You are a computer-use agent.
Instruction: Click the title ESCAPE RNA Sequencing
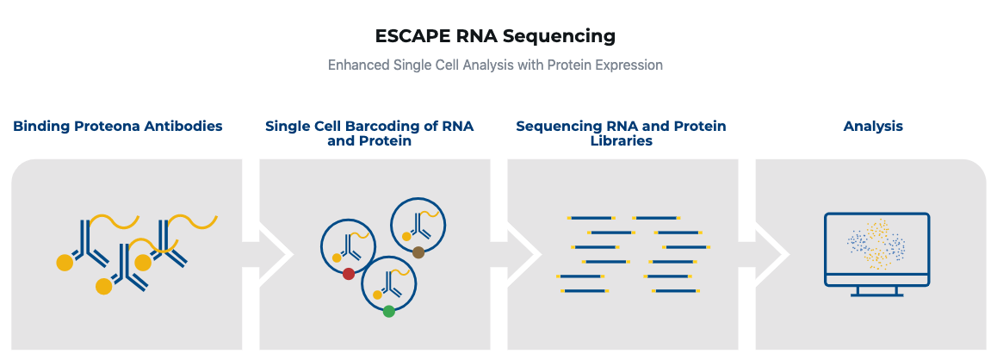coord(495,36)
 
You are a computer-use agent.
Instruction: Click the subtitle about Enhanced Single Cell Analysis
coord(495,65)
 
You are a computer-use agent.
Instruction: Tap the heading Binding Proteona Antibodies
coord(118,126)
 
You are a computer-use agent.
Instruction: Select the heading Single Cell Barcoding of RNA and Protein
coord(369,133)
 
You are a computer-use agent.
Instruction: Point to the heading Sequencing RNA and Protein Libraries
coord(622,133)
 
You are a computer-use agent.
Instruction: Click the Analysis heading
coord(873,126)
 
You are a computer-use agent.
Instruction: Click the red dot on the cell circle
coord(349,274)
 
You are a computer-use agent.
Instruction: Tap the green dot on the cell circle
coord(389,311)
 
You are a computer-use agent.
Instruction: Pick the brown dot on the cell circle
coord(418,252)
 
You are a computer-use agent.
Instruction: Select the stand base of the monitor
coord(876,294)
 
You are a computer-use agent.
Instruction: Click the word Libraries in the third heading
coord(622,140)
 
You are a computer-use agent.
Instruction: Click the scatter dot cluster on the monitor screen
coord(876,245)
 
